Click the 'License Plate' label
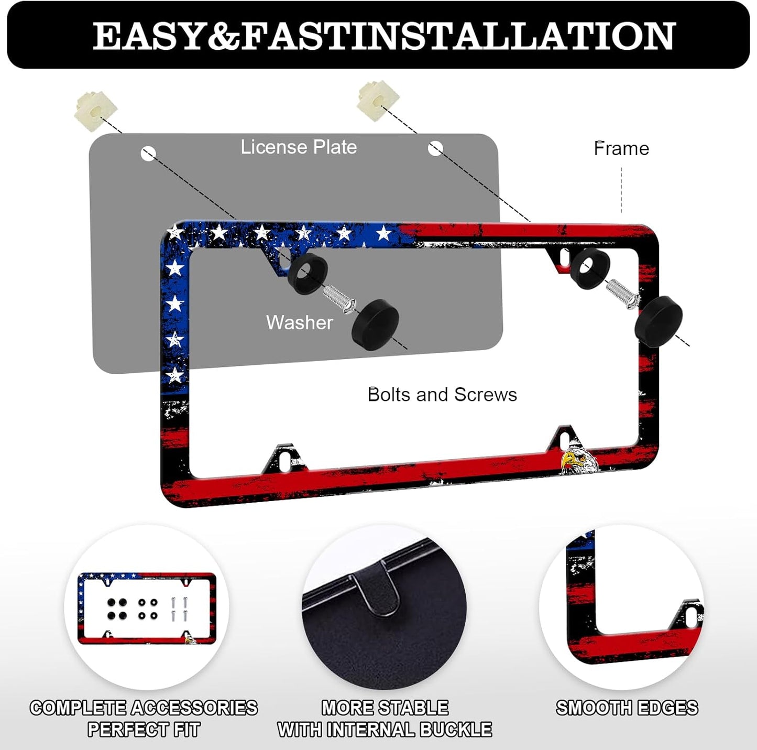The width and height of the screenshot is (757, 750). pos(299,147)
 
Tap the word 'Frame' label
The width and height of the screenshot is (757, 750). pos(621,149)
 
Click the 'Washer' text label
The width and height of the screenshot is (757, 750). pos(299,322)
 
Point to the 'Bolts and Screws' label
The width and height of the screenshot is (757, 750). pos(442,395)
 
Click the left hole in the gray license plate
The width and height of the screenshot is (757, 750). pos(148,154)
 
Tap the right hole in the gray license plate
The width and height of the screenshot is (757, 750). pos(435,149)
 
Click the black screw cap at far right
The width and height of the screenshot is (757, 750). pos(658,321)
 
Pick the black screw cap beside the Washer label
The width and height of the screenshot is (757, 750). pos(375,322)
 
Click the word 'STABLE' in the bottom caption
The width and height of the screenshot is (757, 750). pos(415,708)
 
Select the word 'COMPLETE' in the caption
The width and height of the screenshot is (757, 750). pos(78,708)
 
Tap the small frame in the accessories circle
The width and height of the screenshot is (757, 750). pos(146,608)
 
